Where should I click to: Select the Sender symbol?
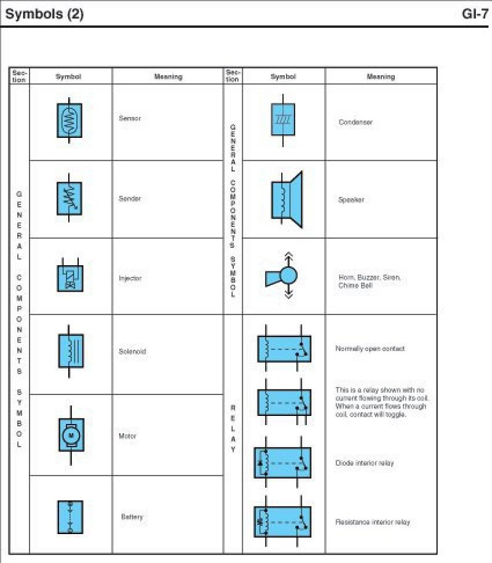(x=69, y=198)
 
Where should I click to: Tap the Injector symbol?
(x=69, y=278)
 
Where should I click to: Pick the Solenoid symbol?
(x=71, y=351)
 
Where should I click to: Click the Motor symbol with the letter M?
(x=71, y=436)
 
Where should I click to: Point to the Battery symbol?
(x=69, y=517)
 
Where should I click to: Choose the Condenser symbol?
(x=283, y=119)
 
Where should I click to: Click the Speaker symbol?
(x=286, y=199)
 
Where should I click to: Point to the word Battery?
(x=132, y=517)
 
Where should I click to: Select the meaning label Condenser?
(x=355, y=122)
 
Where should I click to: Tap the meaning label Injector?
(x=130, y=278)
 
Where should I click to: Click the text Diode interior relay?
(x=365, y=463)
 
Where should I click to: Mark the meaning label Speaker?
(x=351, y=199)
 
